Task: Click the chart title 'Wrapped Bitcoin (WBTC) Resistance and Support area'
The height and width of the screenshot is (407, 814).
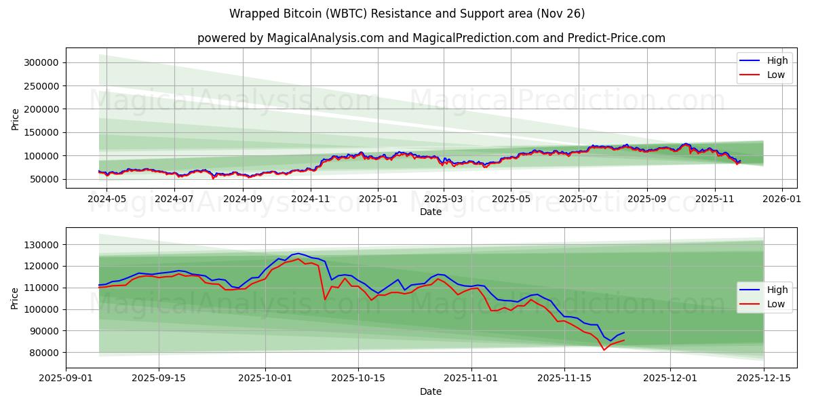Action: tap(407, 14)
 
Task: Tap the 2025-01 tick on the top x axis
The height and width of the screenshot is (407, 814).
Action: tap(377, 199)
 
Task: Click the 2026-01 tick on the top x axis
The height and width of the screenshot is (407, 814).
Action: tap(781, 199)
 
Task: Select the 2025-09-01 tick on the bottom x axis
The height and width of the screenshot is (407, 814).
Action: tap(66, 379)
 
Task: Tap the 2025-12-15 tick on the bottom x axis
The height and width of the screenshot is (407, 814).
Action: tap(764, 379)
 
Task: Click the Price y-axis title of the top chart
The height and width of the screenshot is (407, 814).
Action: tap(15, 119)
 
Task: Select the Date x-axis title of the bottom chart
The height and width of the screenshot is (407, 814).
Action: tap(431, 391)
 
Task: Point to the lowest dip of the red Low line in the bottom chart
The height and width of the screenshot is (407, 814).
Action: tap(604, 350)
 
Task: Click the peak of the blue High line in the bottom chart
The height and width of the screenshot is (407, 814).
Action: tap(298, 253)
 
